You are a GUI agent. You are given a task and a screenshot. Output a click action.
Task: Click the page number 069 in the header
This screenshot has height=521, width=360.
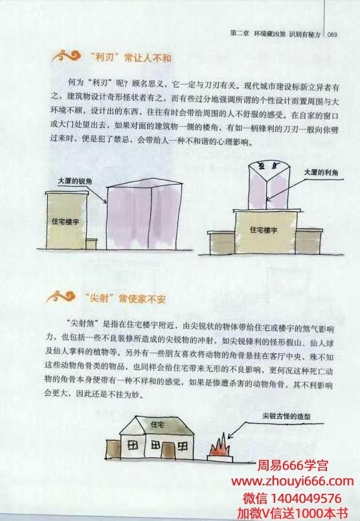(x=332, y=34)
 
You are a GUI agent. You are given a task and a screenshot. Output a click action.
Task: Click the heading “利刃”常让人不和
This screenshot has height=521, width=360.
(x=130, y=58)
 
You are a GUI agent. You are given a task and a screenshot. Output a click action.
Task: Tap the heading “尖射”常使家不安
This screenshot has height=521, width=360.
(x=125, y=298)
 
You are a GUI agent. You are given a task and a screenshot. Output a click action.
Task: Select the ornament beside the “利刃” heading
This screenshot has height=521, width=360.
(x=67, y=56)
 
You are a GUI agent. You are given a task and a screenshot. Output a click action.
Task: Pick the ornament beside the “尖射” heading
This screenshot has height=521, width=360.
(x=61, y=296)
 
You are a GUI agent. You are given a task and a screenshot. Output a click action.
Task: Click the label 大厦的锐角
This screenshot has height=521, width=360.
(x=75, y=181)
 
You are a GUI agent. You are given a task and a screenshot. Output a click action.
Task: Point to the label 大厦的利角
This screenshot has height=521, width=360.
(x=321, y=172)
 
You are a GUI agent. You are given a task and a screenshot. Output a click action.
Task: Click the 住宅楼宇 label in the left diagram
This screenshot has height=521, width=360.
(x=65, y=221)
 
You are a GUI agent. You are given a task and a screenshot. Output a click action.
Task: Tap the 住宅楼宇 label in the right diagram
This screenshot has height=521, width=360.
(x=264, y=229)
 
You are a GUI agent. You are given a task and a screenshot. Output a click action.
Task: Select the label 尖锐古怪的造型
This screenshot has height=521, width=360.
(x=287, y=415)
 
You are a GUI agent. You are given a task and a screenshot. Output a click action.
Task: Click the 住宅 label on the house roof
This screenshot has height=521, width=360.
(x=157, y=424)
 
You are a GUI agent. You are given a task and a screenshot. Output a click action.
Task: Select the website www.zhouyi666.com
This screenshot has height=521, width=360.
(x=293, y=481)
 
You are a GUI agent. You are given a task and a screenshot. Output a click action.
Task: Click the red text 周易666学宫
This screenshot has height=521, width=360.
(x=293, y=465)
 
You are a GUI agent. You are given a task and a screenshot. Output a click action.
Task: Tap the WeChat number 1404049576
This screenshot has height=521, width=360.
(x=306, y=498)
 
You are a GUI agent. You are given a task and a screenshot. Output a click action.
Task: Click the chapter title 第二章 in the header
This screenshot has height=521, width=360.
(x=240, y=34)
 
